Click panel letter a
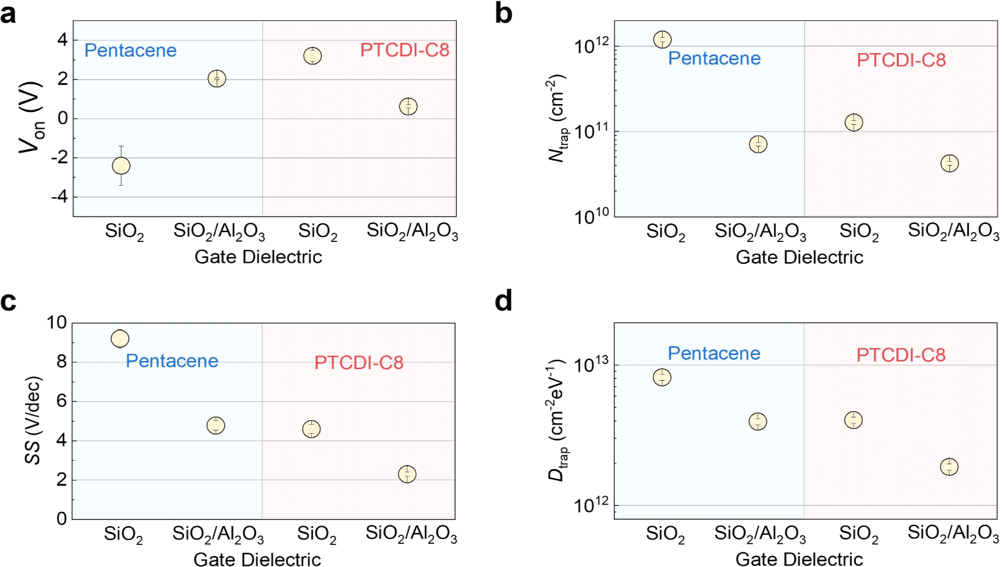point(9,13)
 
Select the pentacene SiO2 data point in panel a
point(121,166)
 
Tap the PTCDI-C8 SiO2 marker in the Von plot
point(312,56)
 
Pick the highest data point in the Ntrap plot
point(662,40)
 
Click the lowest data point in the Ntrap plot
point(949,163)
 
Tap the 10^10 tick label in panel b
point(592,216)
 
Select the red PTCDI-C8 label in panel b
point(901,60)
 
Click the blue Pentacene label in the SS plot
point(172,361)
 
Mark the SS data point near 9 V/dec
point(120,338)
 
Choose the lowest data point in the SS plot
point(407,474)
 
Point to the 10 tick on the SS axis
point(57,323)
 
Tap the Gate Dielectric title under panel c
point(257,559)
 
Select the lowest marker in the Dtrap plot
point(949,467)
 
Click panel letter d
point(504,301)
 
